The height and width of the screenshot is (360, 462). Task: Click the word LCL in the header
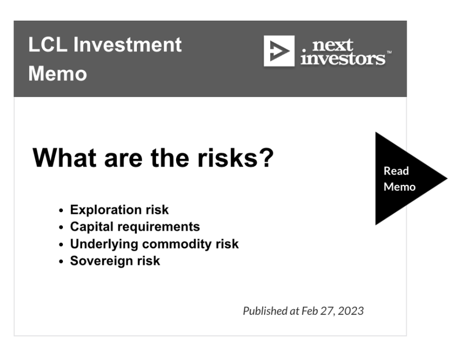coord(48,44)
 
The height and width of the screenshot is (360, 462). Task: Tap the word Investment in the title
coord(127,44)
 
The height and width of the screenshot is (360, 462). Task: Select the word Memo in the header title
coord(57,73)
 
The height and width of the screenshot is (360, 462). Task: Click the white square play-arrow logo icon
coord(279,51)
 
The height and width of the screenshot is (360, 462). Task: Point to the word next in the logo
coord(333,45)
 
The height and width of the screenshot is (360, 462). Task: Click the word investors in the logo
coord(342,59)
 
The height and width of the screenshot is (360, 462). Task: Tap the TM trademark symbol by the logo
coord(389,52)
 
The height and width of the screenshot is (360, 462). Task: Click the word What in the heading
coord(64,158)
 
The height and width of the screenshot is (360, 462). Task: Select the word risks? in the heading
coord(236,158)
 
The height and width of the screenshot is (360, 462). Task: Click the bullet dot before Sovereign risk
coord(61,261)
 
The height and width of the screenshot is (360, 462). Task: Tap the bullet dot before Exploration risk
coord(61,210)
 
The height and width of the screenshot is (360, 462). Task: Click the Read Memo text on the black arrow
coord(400,179)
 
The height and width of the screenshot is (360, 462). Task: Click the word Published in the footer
coord(265,311)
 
